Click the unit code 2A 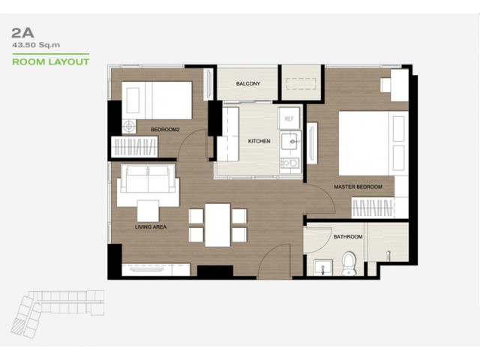point(22,33)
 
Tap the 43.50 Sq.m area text point(36,45)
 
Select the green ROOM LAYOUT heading point(51,61)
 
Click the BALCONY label point(248,83)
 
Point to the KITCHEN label point(259,141)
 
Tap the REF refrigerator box point(289,118)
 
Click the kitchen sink point(290,141)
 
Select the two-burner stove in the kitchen point(290,163)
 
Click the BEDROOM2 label point(165,130)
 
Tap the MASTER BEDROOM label point(358,187)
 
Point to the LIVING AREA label point(151,227)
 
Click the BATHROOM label point(348,237)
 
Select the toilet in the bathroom point(349,263)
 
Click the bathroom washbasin point(323,267)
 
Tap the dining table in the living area point(217,225)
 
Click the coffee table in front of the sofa point(148,211)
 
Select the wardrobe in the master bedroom point(372,208)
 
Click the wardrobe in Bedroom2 point(134,147)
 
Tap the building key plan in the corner point(58,313)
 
